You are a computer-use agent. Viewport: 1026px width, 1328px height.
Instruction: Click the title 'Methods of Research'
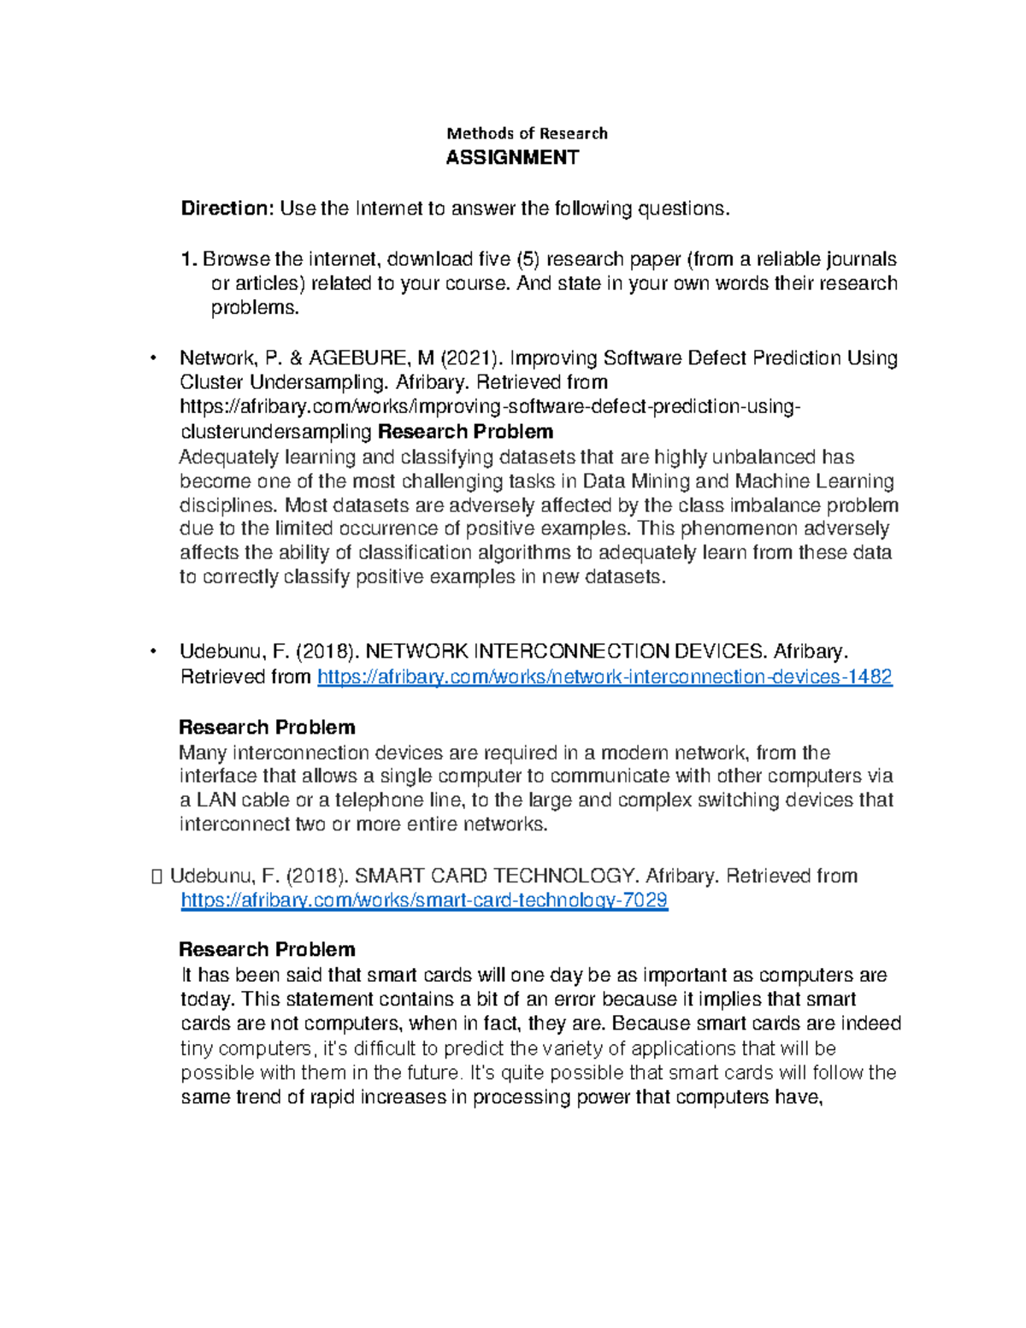pos(527,133)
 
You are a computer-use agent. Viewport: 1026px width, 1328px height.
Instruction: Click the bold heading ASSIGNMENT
pos(512,157)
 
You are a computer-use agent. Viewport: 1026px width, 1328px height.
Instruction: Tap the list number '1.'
pos(189,259)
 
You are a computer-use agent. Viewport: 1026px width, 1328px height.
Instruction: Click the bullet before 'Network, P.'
pos(154,357)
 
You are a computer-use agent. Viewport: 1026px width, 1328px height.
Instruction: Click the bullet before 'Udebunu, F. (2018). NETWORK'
pos(154,652)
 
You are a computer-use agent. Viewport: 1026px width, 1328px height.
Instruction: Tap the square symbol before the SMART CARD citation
pos(155,876)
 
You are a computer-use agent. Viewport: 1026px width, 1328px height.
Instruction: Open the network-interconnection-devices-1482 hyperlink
pos(604,677)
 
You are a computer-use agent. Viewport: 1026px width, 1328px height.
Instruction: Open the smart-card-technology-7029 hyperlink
pos(424,900)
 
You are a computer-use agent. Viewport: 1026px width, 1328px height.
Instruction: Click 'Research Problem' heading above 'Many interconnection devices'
pos(267,728)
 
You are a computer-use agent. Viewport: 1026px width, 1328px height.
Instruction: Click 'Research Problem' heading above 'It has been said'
pos(267,950)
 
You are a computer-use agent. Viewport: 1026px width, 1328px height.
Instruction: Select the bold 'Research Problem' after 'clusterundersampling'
pos(465,432)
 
